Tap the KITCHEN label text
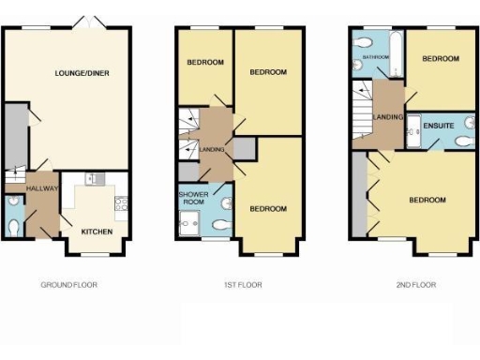[97, 232]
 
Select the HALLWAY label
[43, 188]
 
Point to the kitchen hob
[121, 199]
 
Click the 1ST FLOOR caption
[242, 284]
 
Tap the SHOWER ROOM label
[192, 199]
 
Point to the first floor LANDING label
[213, 148]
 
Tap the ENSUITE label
[439, 125]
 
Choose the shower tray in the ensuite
[413, 132]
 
